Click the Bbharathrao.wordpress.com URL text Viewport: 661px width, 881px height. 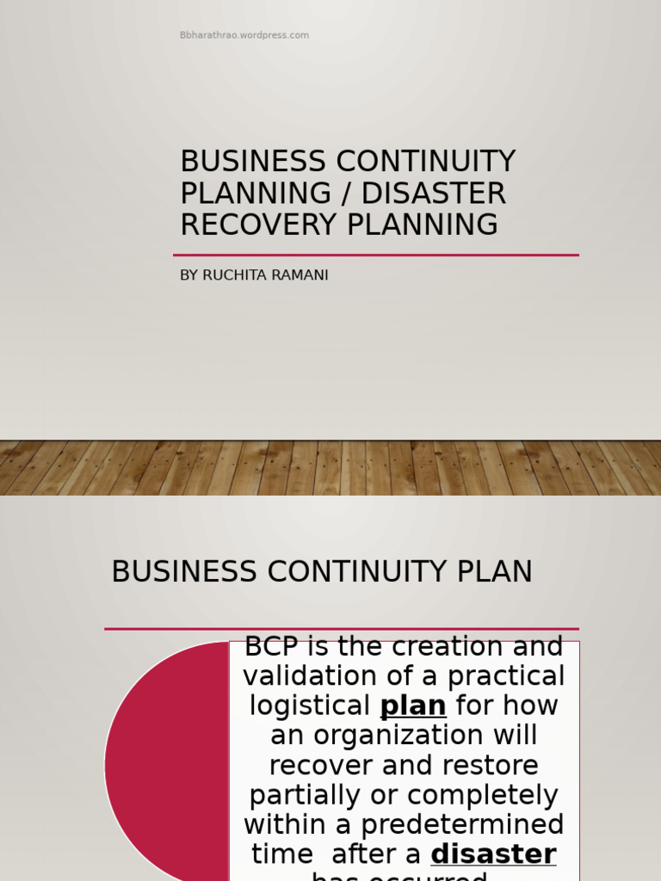tap(244, 35)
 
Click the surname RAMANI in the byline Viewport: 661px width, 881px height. tap(300, 275)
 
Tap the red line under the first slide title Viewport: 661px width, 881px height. tap(375, 255)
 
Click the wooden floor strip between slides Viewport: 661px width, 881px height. tap(330, 467)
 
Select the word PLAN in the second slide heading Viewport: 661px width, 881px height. tap(495, 572)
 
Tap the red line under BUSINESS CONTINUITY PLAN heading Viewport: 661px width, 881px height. tap(341, 629)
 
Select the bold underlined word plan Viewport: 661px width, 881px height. tap(413, 705)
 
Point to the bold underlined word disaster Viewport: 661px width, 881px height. tap(493, 854)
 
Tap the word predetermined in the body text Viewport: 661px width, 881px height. tap(462, 825)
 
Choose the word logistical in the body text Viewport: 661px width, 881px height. tap(310, 705)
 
